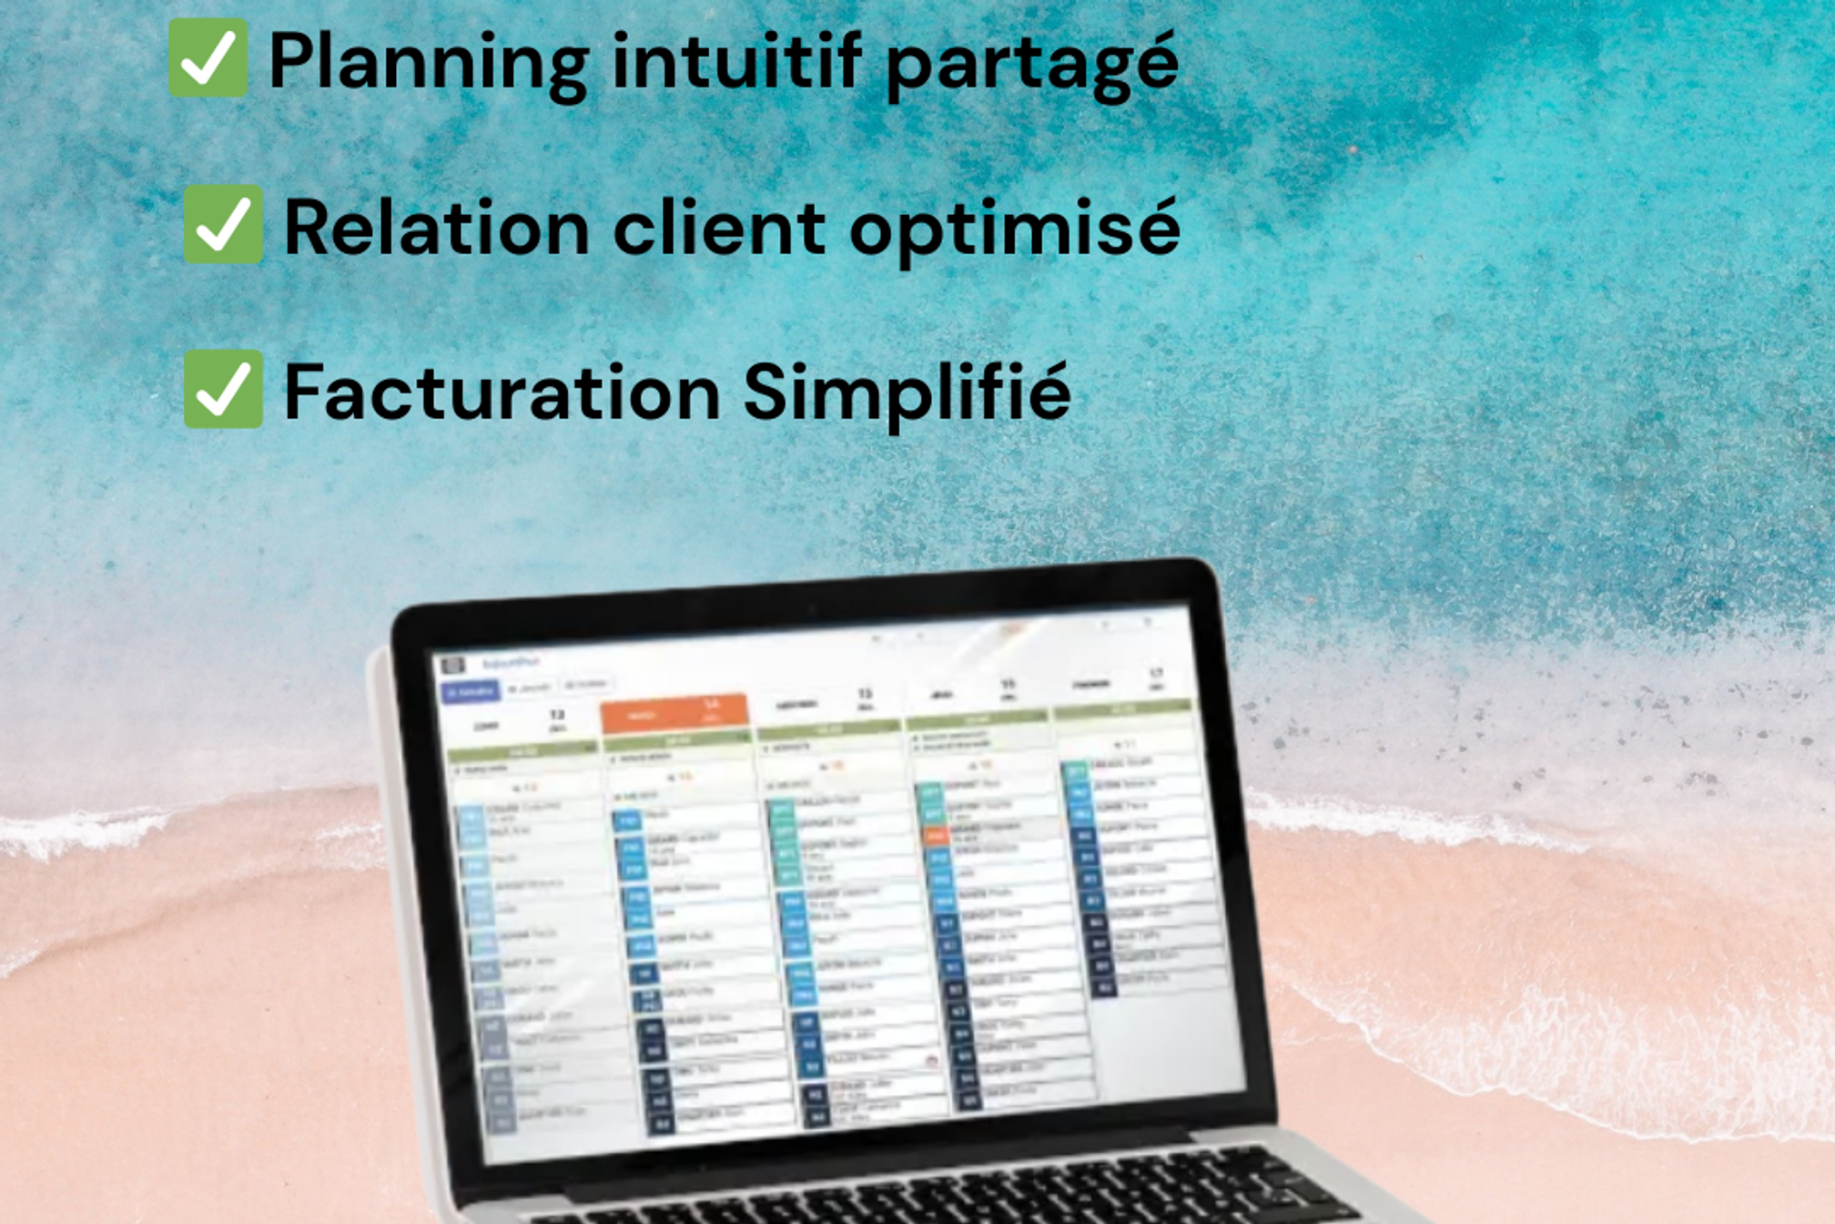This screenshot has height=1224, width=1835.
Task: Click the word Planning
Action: pos(428,62)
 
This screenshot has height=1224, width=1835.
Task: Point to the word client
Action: pos(719,228)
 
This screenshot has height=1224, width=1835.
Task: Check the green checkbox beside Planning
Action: pos(208,58)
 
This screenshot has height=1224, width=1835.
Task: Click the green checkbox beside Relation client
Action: pos(223,225)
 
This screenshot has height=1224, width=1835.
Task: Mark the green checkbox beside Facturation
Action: pos(223,390)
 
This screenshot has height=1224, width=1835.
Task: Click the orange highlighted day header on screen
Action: pos(674,712)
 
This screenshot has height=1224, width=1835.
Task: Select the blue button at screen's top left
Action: pos(470,691)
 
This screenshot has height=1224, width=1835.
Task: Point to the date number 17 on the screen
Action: pos(1155,674)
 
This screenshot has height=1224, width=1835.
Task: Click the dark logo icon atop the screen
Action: pos(452,665)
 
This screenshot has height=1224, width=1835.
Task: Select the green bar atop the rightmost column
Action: pos(1121,709)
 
